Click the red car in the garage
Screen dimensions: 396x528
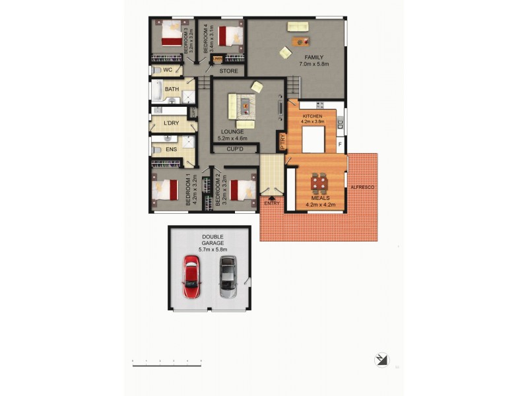click(191, 277)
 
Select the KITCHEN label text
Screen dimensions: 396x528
click(312, 116)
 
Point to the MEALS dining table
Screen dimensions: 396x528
click(319, 181)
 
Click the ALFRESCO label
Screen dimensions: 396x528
click(362, 188)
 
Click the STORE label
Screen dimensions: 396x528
click(228, 71)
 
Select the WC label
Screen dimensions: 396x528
click(168, 69)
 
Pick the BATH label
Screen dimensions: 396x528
click(172, 89)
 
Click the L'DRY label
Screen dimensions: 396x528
click(170, 123)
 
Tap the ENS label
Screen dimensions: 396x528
click(171, 150)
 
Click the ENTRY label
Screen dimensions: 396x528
click(272, 203)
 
